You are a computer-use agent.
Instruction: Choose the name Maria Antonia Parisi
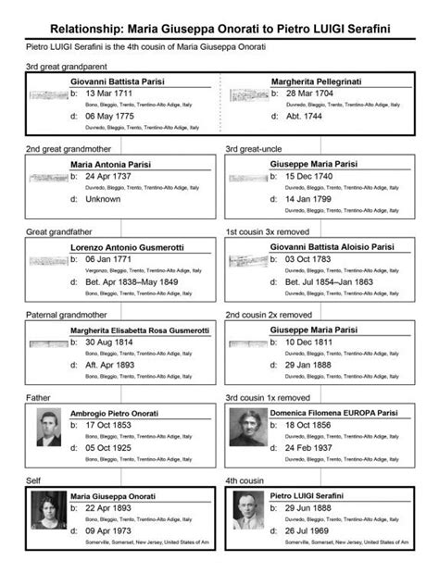coord(110,164)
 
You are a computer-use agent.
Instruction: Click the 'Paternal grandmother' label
coord(66,314)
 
